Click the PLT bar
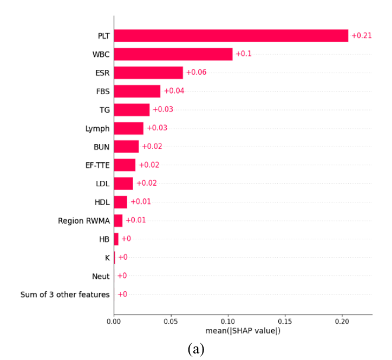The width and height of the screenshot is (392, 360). point(231,36)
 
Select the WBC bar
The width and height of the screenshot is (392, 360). point(173,54)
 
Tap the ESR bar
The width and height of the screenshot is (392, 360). point(149,73)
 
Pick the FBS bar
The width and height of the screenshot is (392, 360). point(137,91)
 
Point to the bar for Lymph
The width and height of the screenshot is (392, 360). point(129,128)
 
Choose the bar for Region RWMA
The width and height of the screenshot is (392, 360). point(119,220)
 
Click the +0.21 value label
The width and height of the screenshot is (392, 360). point(362,36)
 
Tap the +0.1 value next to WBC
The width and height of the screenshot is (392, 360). point(244,54)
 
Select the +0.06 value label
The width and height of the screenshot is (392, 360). point(197,72)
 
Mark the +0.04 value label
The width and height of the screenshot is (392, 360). point(174,91)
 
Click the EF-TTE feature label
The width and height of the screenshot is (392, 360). point(97,165)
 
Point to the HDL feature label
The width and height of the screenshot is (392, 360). point(102,202)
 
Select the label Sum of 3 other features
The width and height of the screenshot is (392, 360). point(65,294)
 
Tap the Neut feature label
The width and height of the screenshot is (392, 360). point(101,276)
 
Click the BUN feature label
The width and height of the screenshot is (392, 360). point(101,147)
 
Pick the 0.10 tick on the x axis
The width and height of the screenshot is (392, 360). point(228,321)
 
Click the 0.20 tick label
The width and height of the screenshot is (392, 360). point(342,321)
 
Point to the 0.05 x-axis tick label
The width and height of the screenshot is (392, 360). point(171,321)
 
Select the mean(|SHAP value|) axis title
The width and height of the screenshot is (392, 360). point(243,331)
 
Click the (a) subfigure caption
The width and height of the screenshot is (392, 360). point(196,349)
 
